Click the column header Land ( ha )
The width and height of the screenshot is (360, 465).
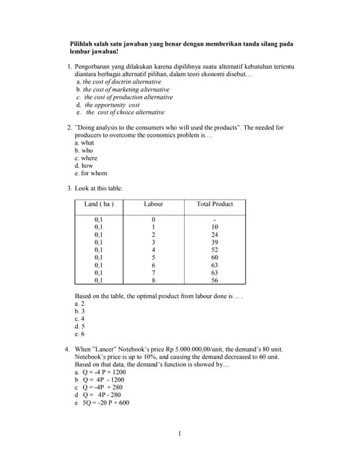100,204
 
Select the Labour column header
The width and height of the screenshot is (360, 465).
153,204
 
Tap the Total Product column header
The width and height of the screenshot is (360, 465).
215,204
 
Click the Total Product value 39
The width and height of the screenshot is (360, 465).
215,242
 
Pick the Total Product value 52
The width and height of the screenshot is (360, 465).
215,249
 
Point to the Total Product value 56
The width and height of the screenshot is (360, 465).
215,280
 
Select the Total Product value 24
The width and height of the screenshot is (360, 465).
215,235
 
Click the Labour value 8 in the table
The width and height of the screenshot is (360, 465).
153,280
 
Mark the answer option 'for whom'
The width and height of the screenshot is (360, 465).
95,174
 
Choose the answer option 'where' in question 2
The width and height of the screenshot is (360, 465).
89,158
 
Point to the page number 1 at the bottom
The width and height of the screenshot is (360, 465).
179,434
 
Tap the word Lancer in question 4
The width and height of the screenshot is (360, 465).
109,349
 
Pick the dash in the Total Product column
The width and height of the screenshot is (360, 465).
215,219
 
